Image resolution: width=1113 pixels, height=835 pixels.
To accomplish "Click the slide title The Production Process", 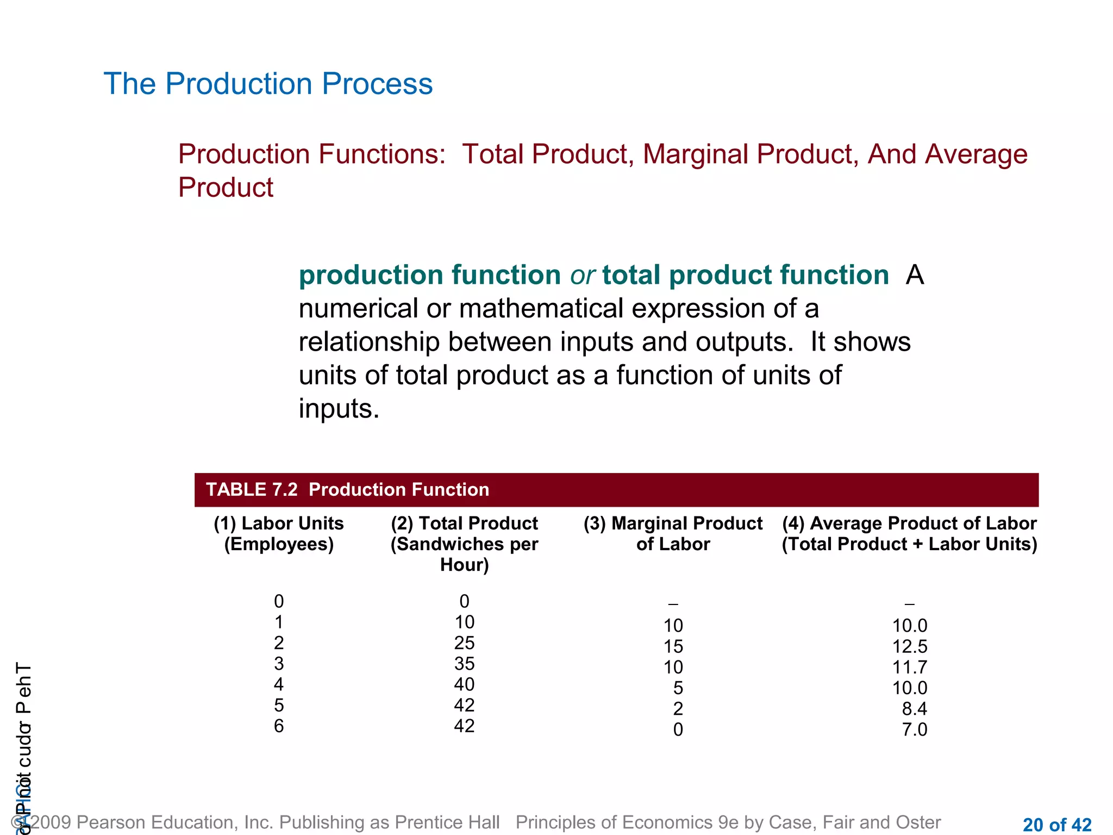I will click(x=268, y=84).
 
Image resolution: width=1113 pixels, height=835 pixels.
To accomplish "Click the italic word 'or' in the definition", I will click(x=582, y=275).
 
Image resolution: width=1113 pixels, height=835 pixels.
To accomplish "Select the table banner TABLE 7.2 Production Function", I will click(x=348, y=490).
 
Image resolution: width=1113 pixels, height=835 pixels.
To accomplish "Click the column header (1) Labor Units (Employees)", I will click(x=279, y=533).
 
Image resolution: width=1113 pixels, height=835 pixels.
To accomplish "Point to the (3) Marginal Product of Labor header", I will click(x=673, y=533).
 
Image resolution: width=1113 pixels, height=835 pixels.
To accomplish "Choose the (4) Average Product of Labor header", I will click(x=909, y=533).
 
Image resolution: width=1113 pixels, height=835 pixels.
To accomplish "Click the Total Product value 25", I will click(x=464, y=643).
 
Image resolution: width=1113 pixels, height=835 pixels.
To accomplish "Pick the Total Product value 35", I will click(x=464, y=664).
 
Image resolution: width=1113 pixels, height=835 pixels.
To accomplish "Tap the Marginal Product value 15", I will click(x=673, y=646).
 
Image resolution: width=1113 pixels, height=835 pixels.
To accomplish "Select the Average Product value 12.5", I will click(x=909, y=646).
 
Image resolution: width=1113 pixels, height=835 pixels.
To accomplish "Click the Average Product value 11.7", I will click(x=909, y=667).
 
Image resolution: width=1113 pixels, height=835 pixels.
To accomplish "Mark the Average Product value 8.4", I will click(x=914, y=709).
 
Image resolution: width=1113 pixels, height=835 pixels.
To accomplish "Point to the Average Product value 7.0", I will click(x=914, y=730).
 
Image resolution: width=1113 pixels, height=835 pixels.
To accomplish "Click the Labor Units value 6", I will click(x=279, y=726).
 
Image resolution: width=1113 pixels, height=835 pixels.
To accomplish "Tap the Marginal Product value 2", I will click(x=678, y=709).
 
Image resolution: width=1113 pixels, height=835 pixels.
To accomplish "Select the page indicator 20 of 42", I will click(x=1056, y=825).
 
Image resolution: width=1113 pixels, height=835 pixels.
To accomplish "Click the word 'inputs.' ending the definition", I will click(x=339, y=409).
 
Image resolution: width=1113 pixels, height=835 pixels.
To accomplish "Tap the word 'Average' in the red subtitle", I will click(x=976, y=154).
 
